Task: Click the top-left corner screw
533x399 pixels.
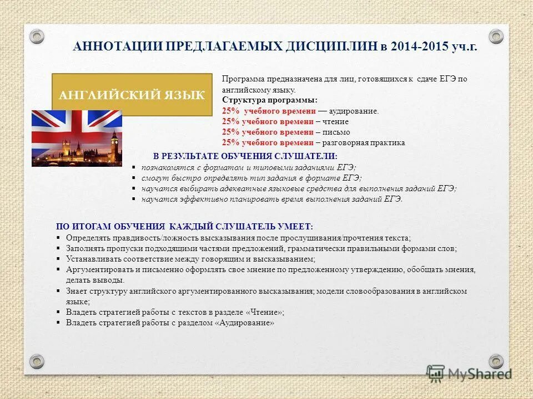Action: click(37, 37)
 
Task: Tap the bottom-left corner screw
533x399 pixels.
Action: click(37, 361)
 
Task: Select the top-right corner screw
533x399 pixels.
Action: click(496, 37)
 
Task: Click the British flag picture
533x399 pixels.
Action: click(77, 138)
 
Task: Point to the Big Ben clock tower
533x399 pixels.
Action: click(114, 145)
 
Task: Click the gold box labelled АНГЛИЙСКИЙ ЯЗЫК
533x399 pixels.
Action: click(132, 95)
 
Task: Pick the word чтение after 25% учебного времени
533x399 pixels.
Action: click(334, 122)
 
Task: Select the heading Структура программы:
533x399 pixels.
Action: click(270, 100)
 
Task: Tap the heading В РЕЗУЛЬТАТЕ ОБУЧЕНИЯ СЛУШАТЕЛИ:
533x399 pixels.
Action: click(245, 156)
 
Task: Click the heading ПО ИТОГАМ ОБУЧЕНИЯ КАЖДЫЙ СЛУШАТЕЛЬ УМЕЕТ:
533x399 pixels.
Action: click(185, 227)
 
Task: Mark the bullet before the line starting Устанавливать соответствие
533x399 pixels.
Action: click(59, 259)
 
